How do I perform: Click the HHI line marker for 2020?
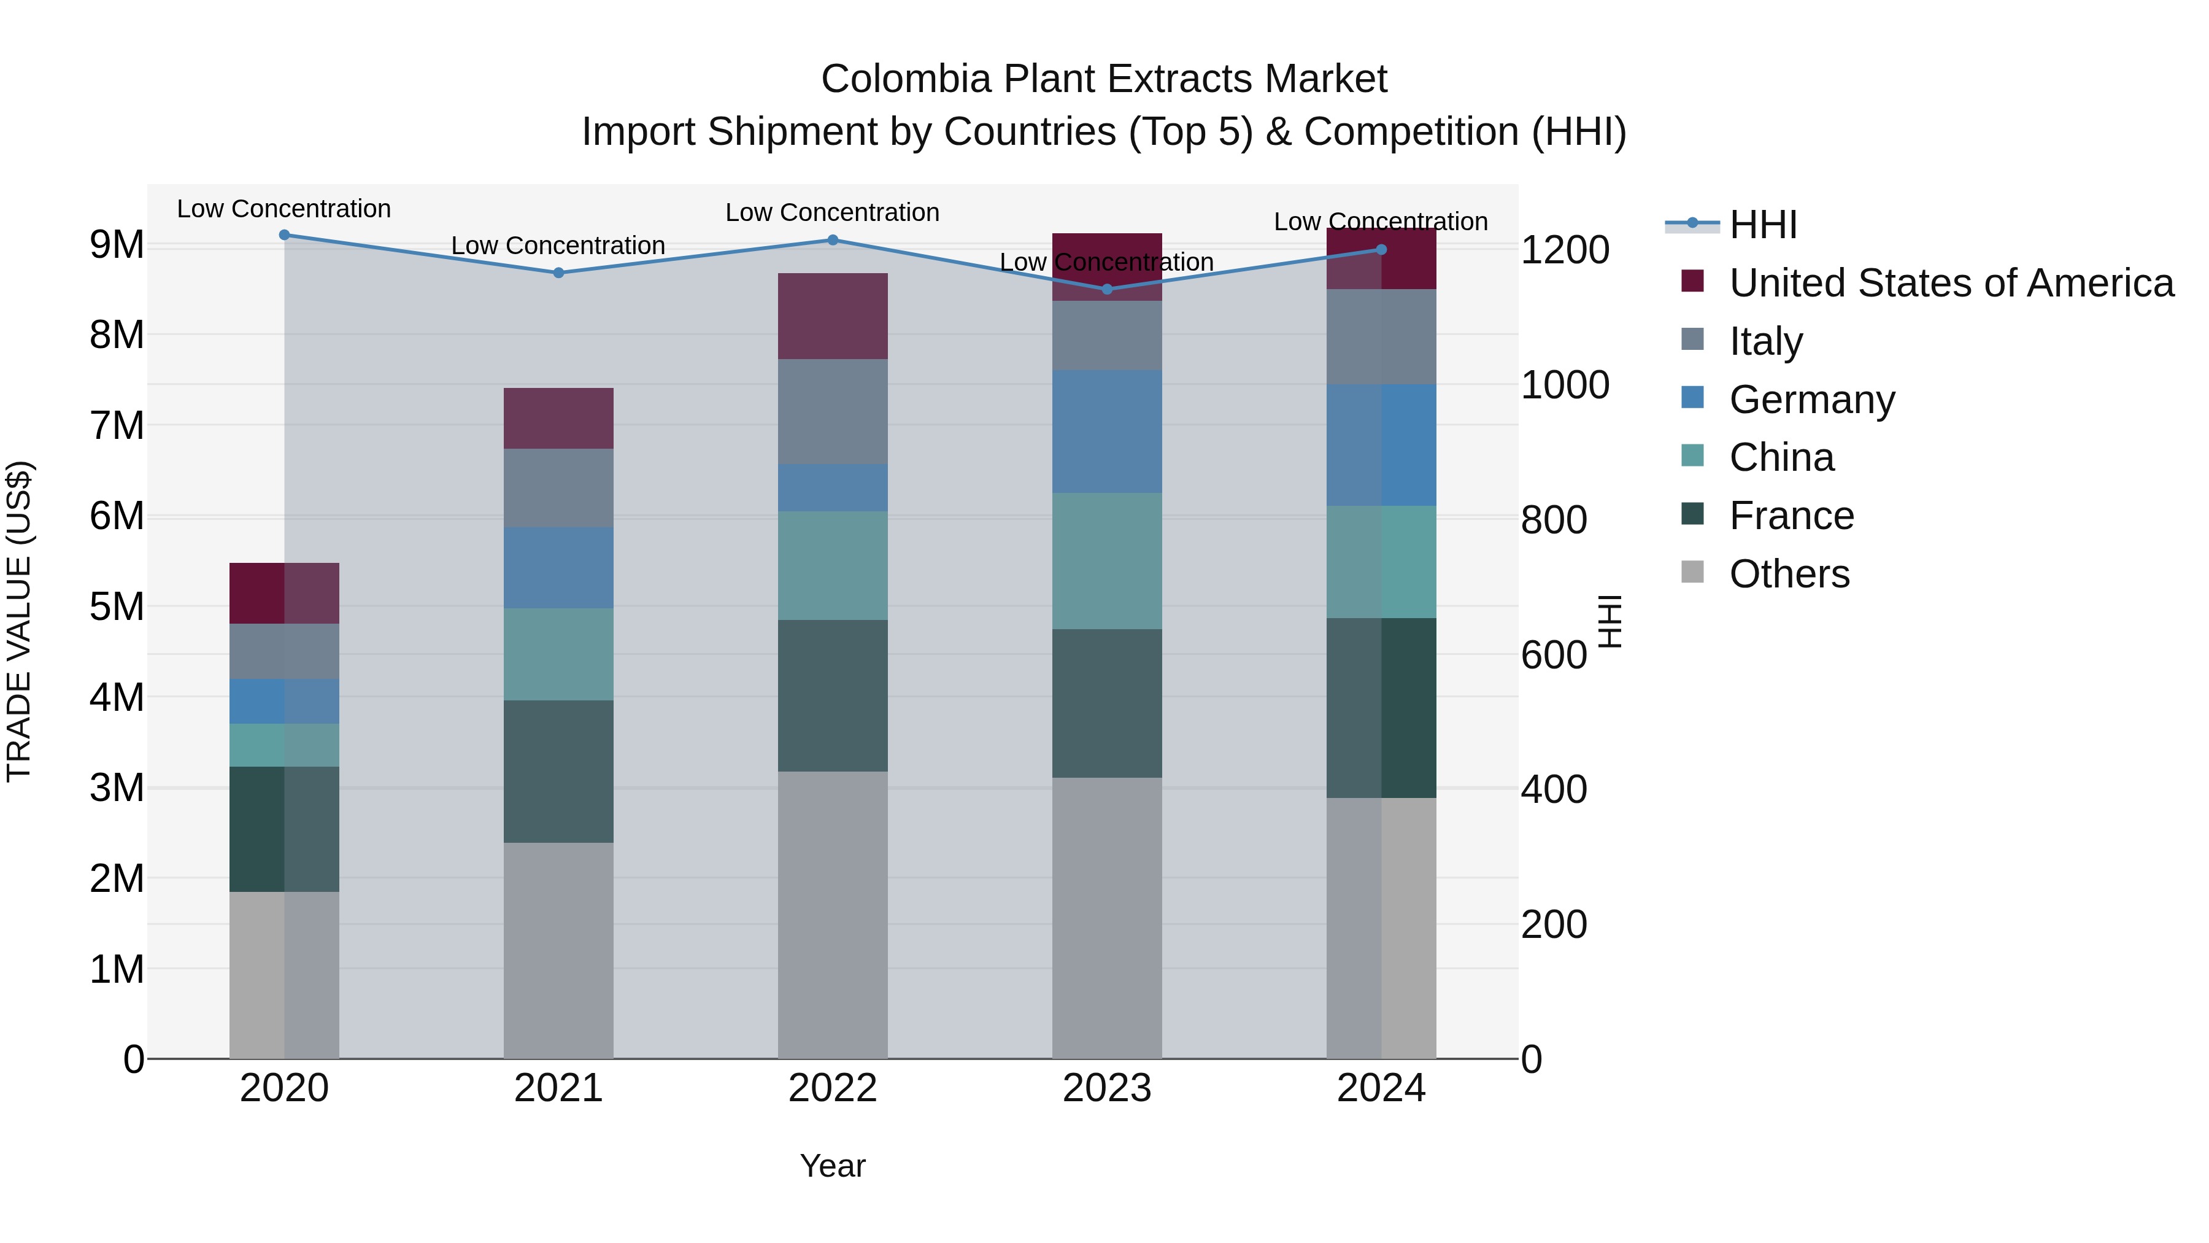[285, 235]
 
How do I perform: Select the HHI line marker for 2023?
[1106, 289]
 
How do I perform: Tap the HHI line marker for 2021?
[558, 273]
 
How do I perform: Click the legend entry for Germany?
[1811, 400]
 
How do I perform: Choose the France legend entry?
[1791, 516]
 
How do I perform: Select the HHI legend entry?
[1762, 225]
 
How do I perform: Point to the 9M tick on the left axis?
[117, 244]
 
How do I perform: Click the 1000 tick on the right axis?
[1564, 385]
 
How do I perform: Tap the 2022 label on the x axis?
[832, 1088]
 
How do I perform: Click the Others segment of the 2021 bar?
[558, 950]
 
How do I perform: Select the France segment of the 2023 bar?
[1106, 703]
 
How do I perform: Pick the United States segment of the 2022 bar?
[832, 316]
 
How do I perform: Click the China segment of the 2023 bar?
[1106, 561]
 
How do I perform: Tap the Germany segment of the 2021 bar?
[558, 568]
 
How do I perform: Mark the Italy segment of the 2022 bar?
[832, 412]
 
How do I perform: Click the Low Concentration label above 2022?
[832, 213]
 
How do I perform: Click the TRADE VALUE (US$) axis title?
[19, 621]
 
